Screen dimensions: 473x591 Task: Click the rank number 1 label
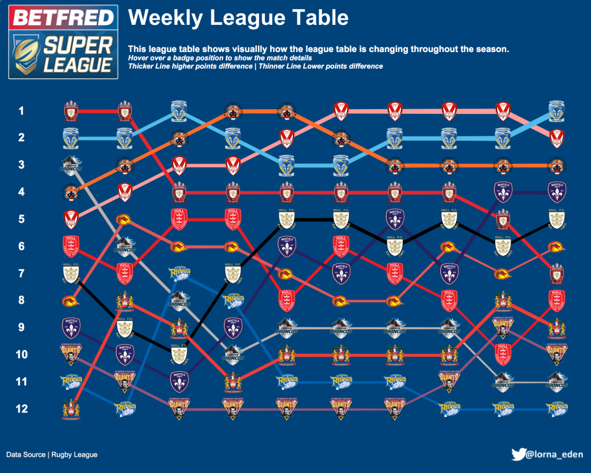tap(21, 110)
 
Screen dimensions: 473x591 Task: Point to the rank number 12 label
tap(21, 409)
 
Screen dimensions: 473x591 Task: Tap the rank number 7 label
tap(21, 273)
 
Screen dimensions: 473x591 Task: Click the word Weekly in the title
tap(164, 18)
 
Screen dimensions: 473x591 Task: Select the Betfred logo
tap(63, 18)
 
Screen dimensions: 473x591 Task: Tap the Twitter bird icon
tap(518, 455)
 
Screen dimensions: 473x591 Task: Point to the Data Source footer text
tap(52, 455)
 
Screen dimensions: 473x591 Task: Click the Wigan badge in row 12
tap(70, 409)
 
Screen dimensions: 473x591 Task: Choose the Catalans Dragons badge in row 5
tap(124, 219)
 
